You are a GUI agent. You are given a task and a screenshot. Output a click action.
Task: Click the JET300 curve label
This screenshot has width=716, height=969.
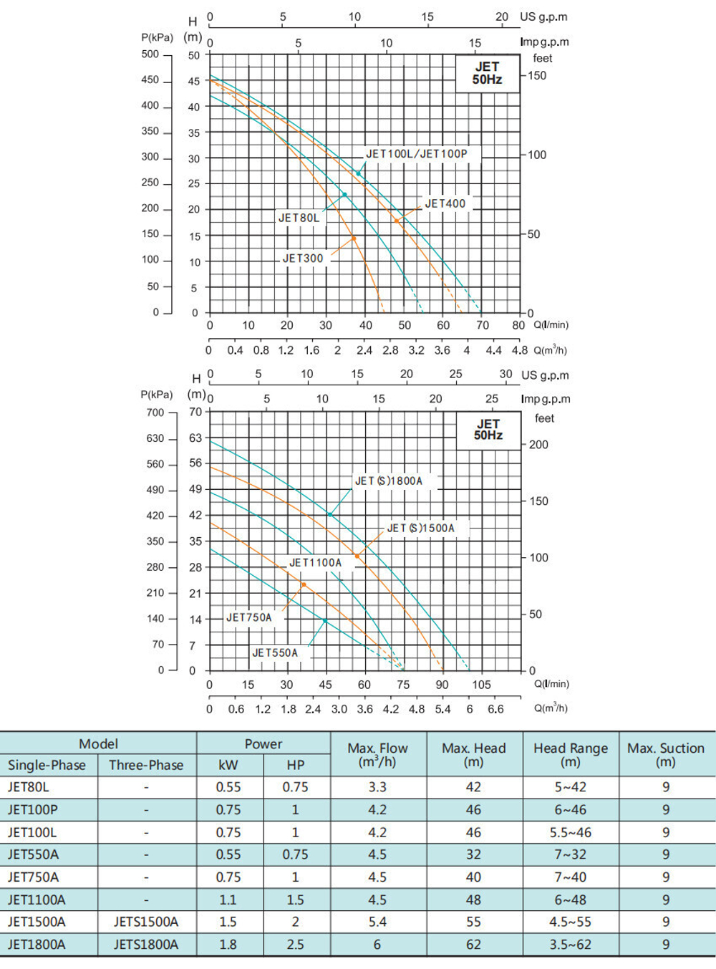point(303,259)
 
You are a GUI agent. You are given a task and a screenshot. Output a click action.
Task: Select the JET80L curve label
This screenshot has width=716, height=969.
point(299,218)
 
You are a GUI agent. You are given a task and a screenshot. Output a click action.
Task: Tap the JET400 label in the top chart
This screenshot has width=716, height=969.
point(445,204)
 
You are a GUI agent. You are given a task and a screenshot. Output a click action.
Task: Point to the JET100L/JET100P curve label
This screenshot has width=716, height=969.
point(417,154)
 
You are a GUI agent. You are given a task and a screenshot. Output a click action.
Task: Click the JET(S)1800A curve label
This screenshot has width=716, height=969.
point(389,481)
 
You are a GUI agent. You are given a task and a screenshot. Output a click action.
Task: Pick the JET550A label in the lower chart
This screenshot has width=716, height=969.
point(275,653)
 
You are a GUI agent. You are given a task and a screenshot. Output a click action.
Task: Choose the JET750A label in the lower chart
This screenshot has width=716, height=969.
point(249,617)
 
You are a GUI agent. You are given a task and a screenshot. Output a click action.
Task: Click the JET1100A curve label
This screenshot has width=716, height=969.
point(315,563)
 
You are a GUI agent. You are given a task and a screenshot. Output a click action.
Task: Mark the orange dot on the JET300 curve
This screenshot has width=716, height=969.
point(354,238)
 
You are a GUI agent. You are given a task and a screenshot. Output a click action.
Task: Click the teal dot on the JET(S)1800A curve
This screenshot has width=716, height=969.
point(330,514)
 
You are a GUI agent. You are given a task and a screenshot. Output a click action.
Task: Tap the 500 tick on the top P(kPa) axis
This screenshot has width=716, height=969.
point(150,54)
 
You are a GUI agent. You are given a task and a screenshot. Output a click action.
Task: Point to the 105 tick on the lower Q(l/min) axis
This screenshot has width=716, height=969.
point(481,685)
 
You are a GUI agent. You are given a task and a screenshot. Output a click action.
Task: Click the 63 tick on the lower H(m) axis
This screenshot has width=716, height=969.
point(195,438)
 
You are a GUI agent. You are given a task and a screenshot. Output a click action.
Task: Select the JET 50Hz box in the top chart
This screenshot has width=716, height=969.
point(487,73)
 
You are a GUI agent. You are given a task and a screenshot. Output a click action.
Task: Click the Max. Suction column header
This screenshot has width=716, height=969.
point(666,755)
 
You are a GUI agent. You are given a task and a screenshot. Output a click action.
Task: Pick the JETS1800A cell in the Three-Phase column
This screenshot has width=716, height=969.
point(146,945)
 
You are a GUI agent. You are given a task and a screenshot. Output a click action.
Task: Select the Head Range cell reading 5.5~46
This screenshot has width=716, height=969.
point(571,832)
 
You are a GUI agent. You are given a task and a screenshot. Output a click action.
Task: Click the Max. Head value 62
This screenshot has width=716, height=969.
point(473,945)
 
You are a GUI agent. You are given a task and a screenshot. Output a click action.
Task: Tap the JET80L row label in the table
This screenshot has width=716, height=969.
point(29,787)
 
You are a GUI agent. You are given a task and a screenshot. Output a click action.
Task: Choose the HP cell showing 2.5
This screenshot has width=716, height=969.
point(295,945)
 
